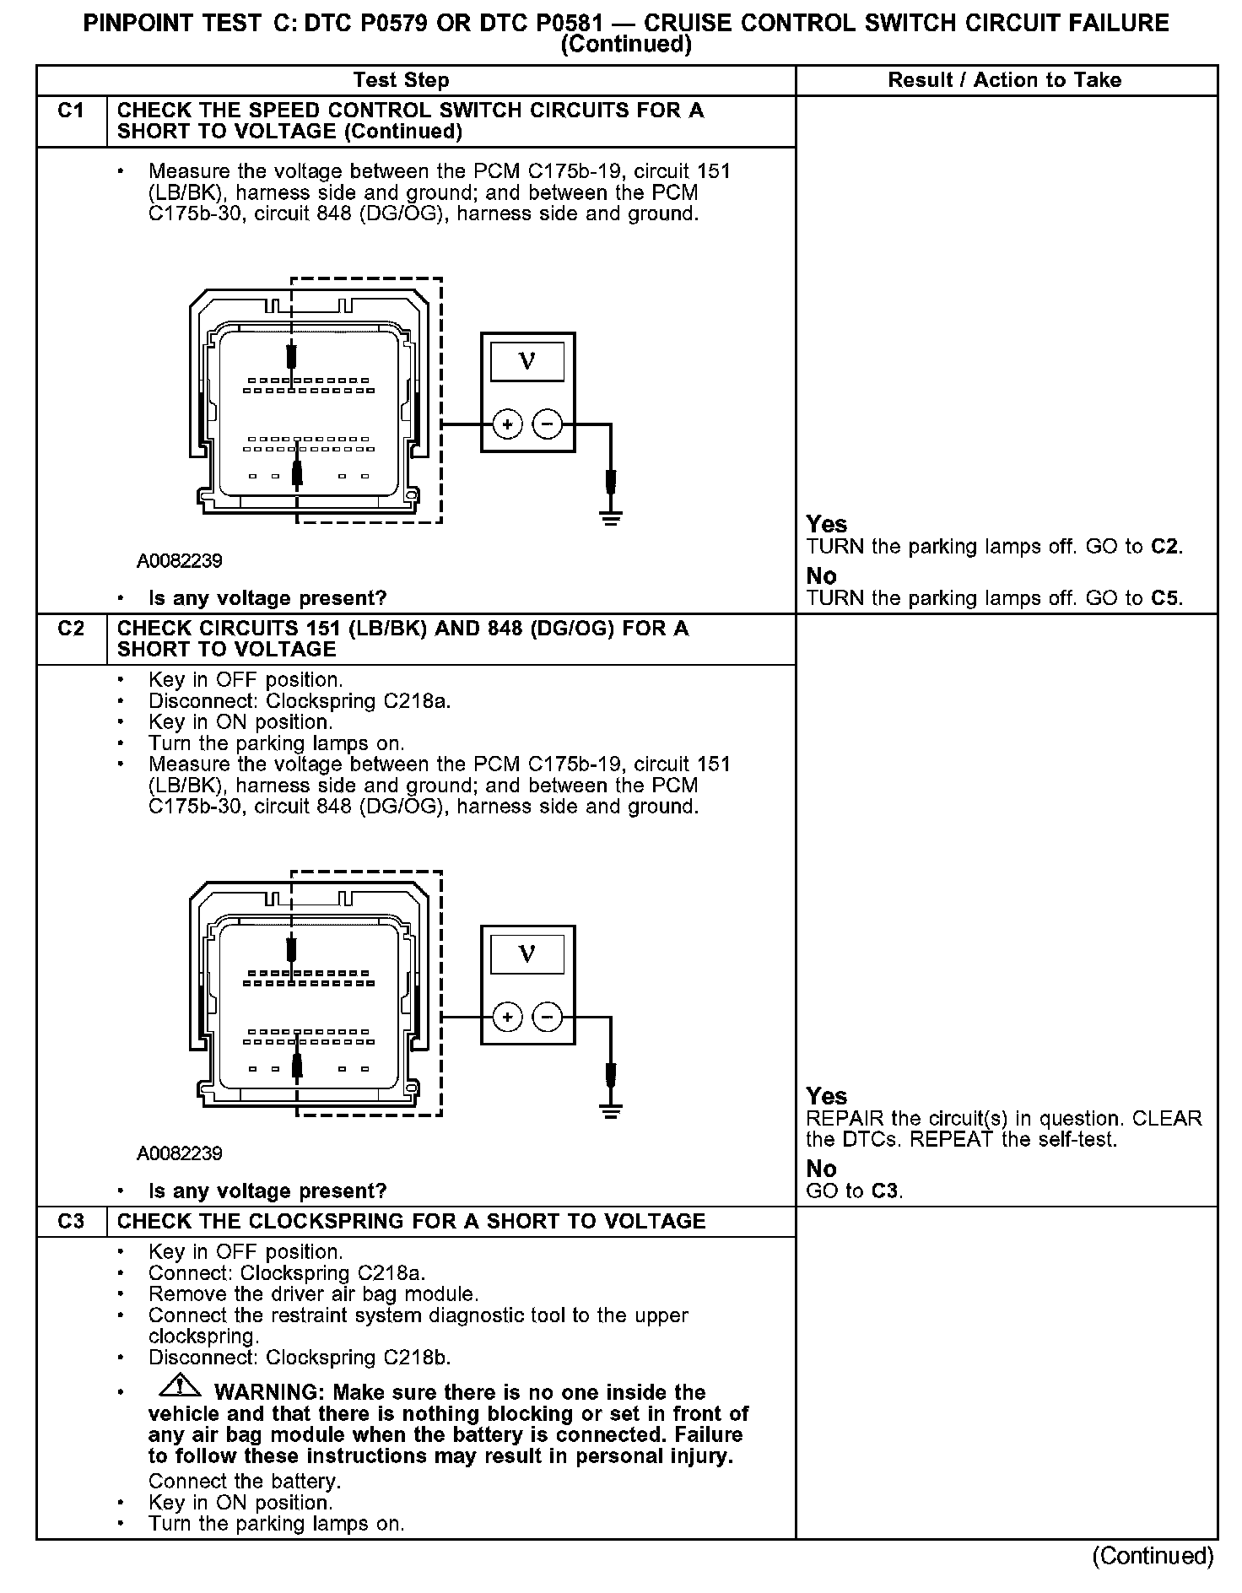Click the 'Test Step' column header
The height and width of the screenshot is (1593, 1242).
(401, 80)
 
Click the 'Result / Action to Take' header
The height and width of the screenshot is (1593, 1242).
(1004, 80)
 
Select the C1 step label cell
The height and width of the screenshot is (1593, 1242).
(72, 111)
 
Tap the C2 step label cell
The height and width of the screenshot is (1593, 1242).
(72, 629)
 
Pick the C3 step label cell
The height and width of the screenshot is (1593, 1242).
(72, 1222)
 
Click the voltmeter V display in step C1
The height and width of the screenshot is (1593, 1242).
(527, 362)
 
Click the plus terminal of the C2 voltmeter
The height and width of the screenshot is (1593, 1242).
(507, 1018)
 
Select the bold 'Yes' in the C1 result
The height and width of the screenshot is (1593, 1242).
(826, 524)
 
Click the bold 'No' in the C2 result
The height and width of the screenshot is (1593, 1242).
(821, 1169)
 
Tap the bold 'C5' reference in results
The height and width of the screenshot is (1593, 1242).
(1166, 598)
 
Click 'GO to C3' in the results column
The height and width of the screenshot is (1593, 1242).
(854, 1191)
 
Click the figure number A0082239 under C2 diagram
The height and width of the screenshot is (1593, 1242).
(180, 1153)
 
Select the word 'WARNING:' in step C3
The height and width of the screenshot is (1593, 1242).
(270, 1392)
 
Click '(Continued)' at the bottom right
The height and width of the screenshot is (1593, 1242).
(1153, 1556)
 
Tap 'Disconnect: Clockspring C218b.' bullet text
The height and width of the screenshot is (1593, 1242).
(300, 1358)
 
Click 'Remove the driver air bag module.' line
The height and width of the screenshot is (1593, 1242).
(313, 1294)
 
